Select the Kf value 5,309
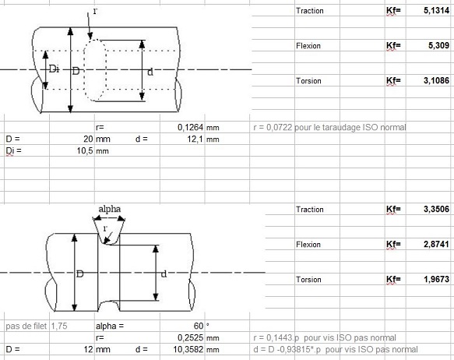tap(438, 45)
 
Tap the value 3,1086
tap(436, 80)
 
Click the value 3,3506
tap(436, 209)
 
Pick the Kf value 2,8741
tap(436, 244)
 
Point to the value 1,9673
tap(436, 279)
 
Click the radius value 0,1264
tap(191, 128)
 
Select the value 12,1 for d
tap(195, 139)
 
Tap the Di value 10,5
tap(85, 151)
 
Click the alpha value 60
tap(199, 326)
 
